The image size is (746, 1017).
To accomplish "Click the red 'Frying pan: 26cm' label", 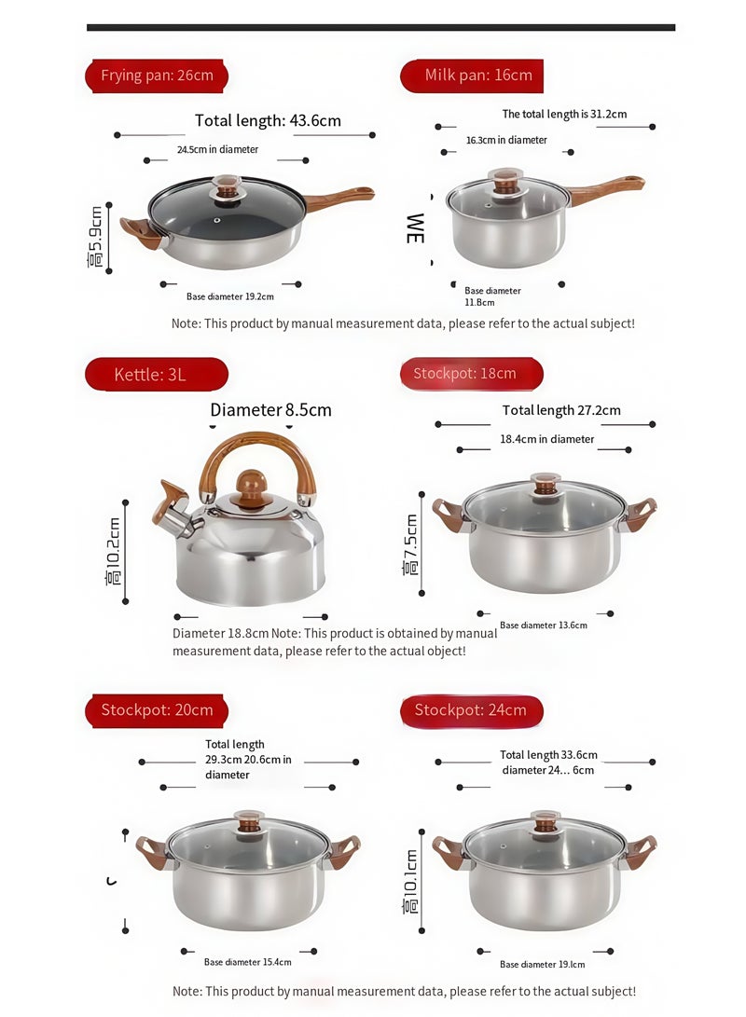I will (x=157, y=76).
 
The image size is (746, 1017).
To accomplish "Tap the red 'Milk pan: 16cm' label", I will (x=473, y=76).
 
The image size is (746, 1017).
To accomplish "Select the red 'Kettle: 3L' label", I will (x=156, y=375).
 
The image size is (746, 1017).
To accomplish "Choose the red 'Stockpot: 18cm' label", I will (x=472, y=374).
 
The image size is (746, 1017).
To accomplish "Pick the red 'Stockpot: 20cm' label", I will (x=157, y=710).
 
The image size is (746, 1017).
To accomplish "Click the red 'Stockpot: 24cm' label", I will (x=472, y=710).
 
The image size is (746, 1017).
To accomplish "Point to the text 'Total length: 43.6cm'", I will (x=268, y=120).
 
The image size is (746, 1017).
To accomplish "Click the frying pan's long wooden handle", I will (x=339, y=197).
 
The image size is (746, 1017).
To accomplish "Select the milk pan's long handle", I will (x=605, y=189).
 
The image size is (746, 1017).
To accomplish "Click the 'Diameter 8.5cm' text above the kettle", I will (x=270, y=410).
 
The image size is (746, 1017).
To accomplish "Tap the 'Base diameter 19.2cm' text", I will (x=230, y=296).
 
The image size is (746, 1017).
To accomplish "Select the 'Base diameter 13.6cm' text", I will (x=544, y=625).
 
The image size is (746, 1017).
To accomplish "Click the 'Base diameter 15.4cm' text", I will (x=248, y=962).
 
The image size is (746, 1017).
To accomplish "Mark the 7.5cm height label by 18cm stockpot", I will (x=411, y=544).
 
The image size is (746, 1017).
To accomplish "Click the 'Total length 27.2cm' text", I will (x=561, y=410).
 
